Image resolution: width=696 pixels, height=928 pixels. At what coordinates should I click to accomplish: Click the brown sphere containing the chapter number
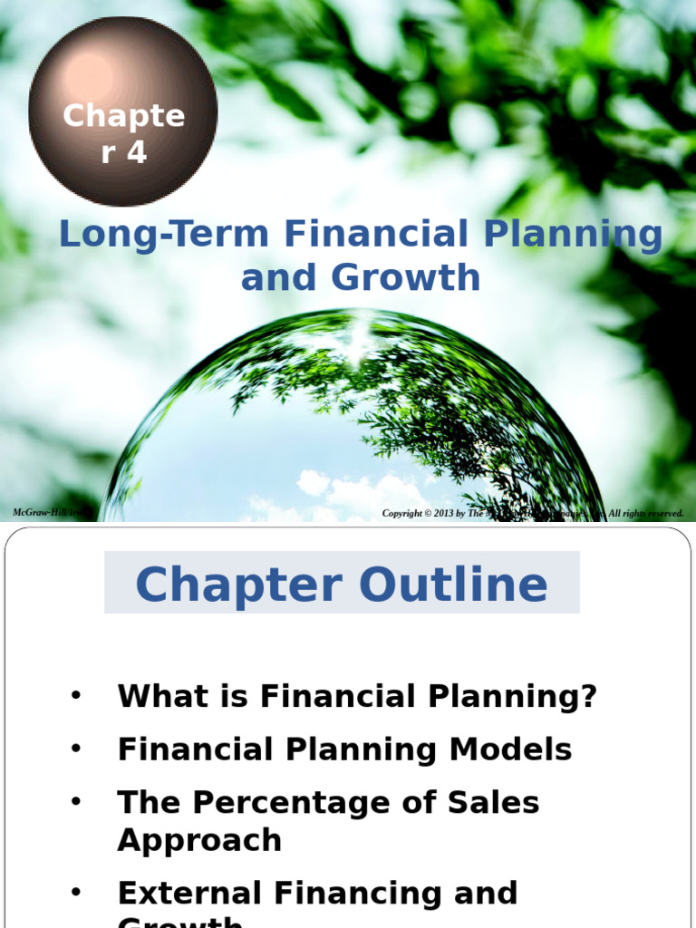pyautogui.click(x=123, y=111)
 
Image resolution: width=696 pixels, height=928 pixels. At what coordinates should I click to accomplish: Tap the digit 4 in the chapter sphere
pyautogui.click(x=136, y=153)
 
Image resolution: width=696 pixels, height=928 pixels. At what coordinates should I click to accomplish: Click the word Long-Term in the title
pyautogui.click(x=164, y=235)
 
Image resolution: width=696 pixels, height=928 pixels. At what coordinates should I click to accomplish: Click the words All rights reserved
pyautogui.click(x=646, y=514)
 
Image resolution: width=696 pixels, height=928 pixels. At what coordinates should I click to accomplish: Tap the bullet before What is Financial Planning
pyautogui.click(x=76, y=696)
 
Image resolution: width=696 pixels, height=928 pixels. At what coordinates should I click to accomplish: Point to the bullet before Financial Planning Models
pyautogui.click(x=76, y=749)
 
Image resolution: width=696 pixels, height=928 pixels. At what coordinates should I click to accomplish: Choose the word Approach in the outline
pyautogui.click(x=199, y=840)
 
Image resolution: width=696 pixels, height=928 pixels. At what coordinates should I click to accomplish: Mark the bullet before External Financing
pyautogui.click(x=76, y=892)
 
